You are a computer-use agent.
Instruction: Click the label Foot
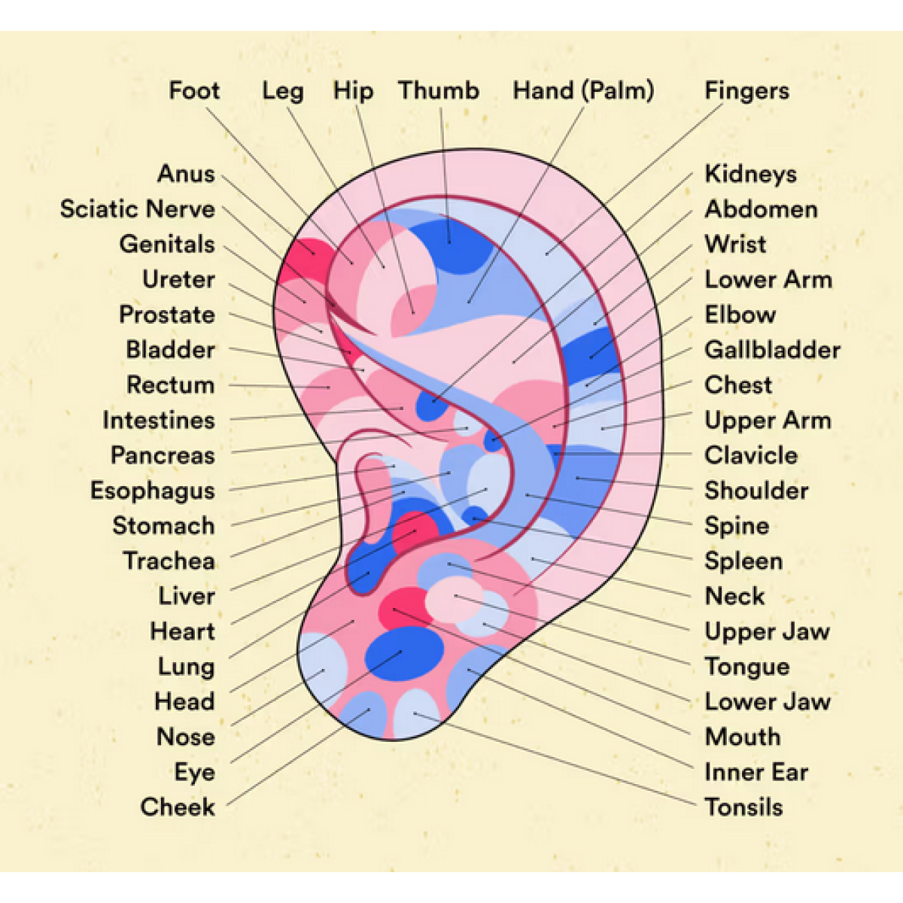(x=194, y=91)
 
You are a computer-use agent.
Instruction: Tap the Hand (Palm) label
(x=583, y=91)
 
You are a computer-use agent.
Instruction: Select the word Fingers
(x=746, y=91)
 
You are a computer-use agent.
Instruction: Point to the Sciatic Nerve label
(x=137, y=209)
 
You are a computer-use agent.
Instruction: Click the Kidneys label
(x=750, y=174)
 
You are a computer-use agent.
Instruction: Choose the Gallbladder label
(x=772, y=350)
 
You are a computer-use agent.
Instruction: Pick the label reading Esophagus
(x=152, y=491)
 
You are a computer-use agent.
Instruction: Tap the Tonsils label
(x=743, y=807)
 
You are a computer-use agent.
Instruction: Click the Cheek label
(x=178, y=807)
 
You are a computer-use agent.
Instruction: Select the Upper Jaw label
(x=767, y=631)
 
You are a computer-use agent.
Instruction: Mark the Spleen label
(x=743, y=561)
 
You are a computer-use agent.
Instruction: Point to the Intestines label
(x=158, y=420)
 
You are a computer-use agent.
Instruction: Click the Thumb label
(x=439, y=91)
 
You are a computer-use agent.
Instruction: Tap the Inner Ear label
(x=756, y=772)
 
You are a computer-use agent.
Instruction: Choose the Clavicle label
(x=750, y=455)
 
